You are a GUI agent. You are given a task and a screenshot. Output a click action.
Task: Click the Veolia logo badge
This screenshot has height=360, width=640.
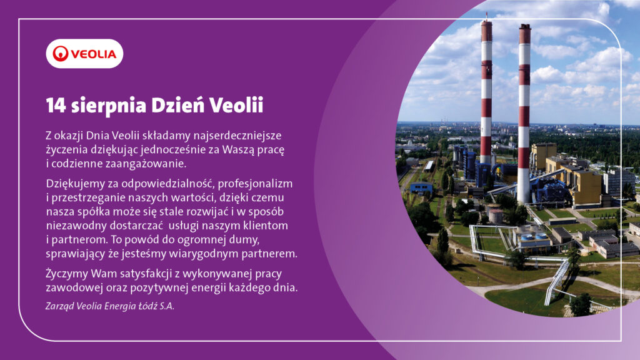tap(84, 54)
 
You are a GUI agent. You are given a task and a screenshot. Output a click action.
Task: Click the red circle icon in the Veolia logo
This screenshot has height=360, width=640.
tap(61, 54)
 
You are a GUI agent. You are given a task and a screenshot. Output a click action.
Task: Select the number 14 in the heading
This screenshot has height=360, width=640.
tap(56, 105)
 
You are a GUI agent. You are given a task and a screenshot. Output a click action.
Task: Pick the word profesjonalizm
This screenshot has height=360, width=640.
tap(255, 184)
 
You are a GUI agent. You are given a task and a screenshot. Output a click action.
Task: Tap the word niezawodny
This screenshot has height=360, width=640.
tap(70, 226)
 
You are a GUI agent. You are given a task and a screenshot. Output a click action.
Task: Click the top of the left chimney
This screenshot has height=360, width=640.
tap(486, 22)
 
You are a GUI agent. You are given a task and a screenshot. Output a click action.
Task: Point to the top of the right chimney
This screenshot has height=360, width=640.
tap(525, 26)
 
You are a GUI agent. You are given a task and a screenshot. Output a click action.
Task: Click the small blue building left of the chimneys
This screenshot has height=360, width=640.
tap(421, 187)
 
